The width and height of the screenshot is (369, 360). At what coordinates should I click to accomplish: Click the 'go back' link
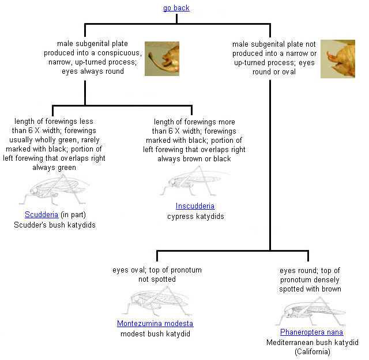[176, 8]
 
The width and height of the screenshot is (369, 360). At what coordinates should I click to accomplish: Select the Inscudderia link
[195, 206]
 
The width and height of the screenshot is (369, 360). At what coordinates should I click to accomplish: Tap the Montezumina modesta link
[155, 323]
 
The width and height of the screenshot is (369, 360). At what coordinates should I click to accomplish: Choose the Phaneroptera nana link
[311, 332]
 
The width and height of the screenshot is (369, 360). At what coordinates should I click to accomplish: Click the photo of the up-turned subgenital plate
[161, 58]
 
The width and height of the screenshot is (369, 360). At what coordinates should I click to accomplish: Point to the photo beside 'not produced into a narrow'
[338, 59]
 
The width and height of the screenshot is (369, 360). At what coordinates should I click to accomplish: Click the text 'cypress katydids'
[195, 216]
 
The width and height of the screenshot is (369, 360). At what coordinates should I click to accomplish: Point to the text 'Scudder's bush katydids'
[55, 225]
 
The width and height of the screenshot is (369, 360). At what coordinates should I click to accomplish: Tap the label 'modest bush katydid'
[155, 334]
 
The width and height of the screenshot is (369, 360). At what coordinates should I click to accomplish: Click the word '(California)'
[311, 351]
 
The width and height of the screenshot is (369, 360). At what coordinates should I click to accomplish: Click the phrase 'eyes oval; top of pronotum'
[157, 270]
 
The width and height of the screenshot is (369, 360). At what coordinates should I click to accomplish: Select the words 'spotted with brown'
[310, 289]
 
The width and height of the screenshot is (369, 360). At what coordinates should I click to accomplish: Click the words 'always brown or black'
[194, 158]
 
